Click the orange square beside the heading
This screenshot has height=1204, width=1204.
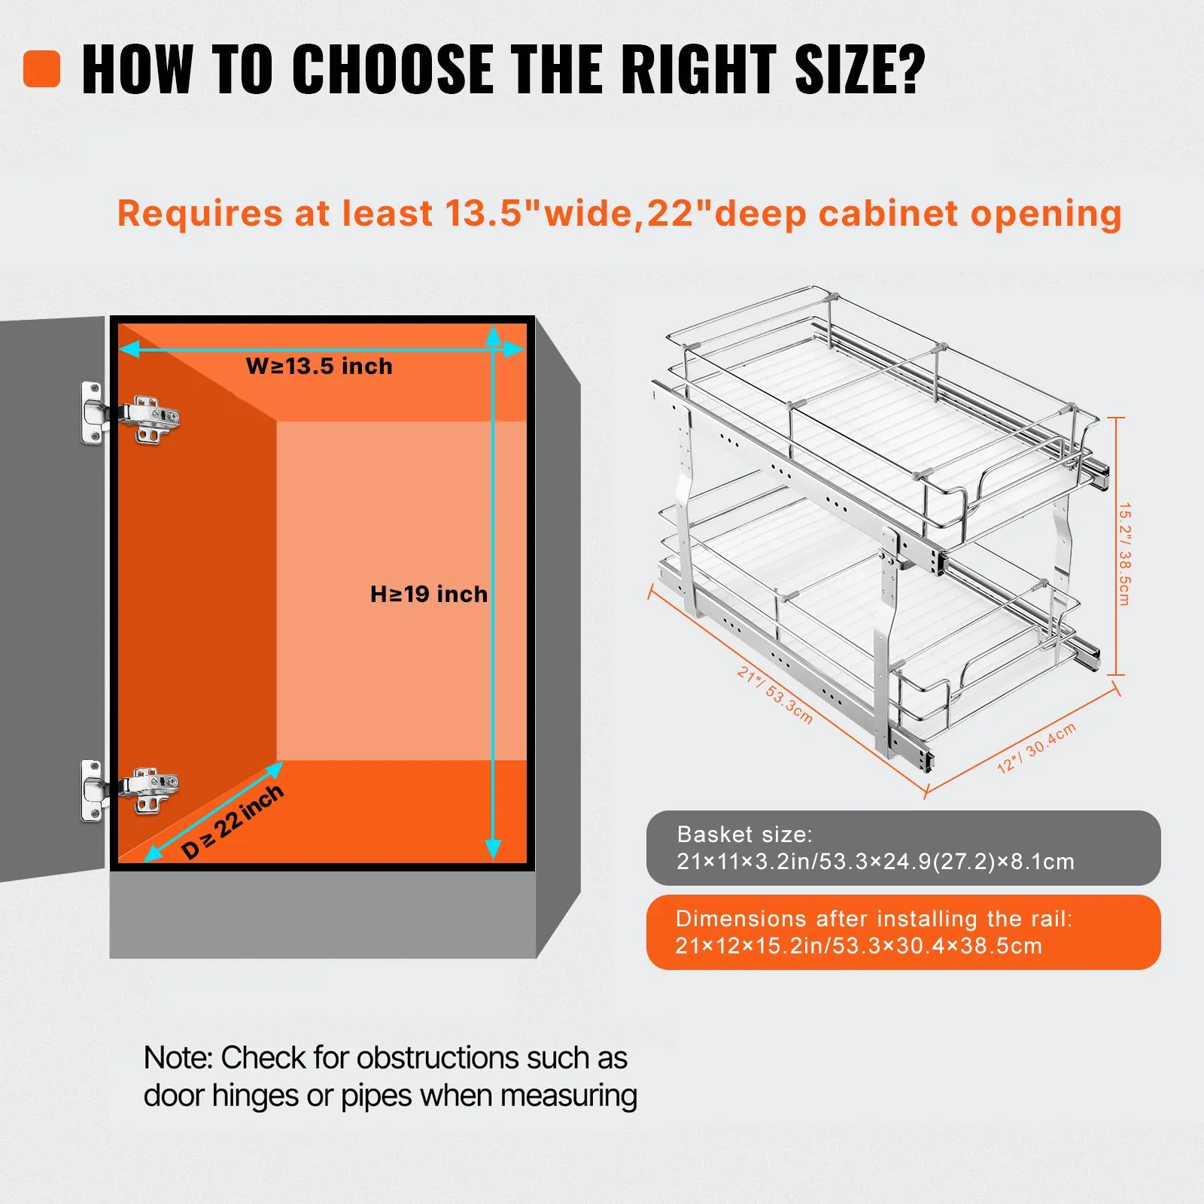[41, 68]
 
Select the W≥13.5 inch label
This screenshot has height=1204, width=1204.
[319, 366]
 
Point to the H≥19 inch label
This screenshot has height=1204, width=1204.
[429, 594]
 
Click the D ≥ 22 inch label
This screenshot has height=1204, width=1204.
[233, 821]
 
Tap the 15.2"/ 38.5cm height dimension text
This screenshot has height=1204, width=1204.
[1124, 554]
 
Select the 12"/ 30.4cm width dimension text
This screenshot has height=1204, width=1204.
[1036, 747]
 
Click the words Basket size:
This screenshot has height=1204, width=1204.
[744, 835]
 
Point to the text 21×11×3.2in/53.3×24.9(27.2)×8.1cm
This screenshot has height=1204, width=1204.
[875, 862]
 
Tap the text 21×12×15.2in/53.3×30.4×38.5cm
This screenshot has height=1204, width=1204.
[859, 946]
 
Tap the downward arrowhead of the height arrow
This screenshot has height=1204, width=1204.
[493, 849]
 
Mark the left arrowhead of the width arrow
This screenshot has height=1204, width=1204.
[130, 348]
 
